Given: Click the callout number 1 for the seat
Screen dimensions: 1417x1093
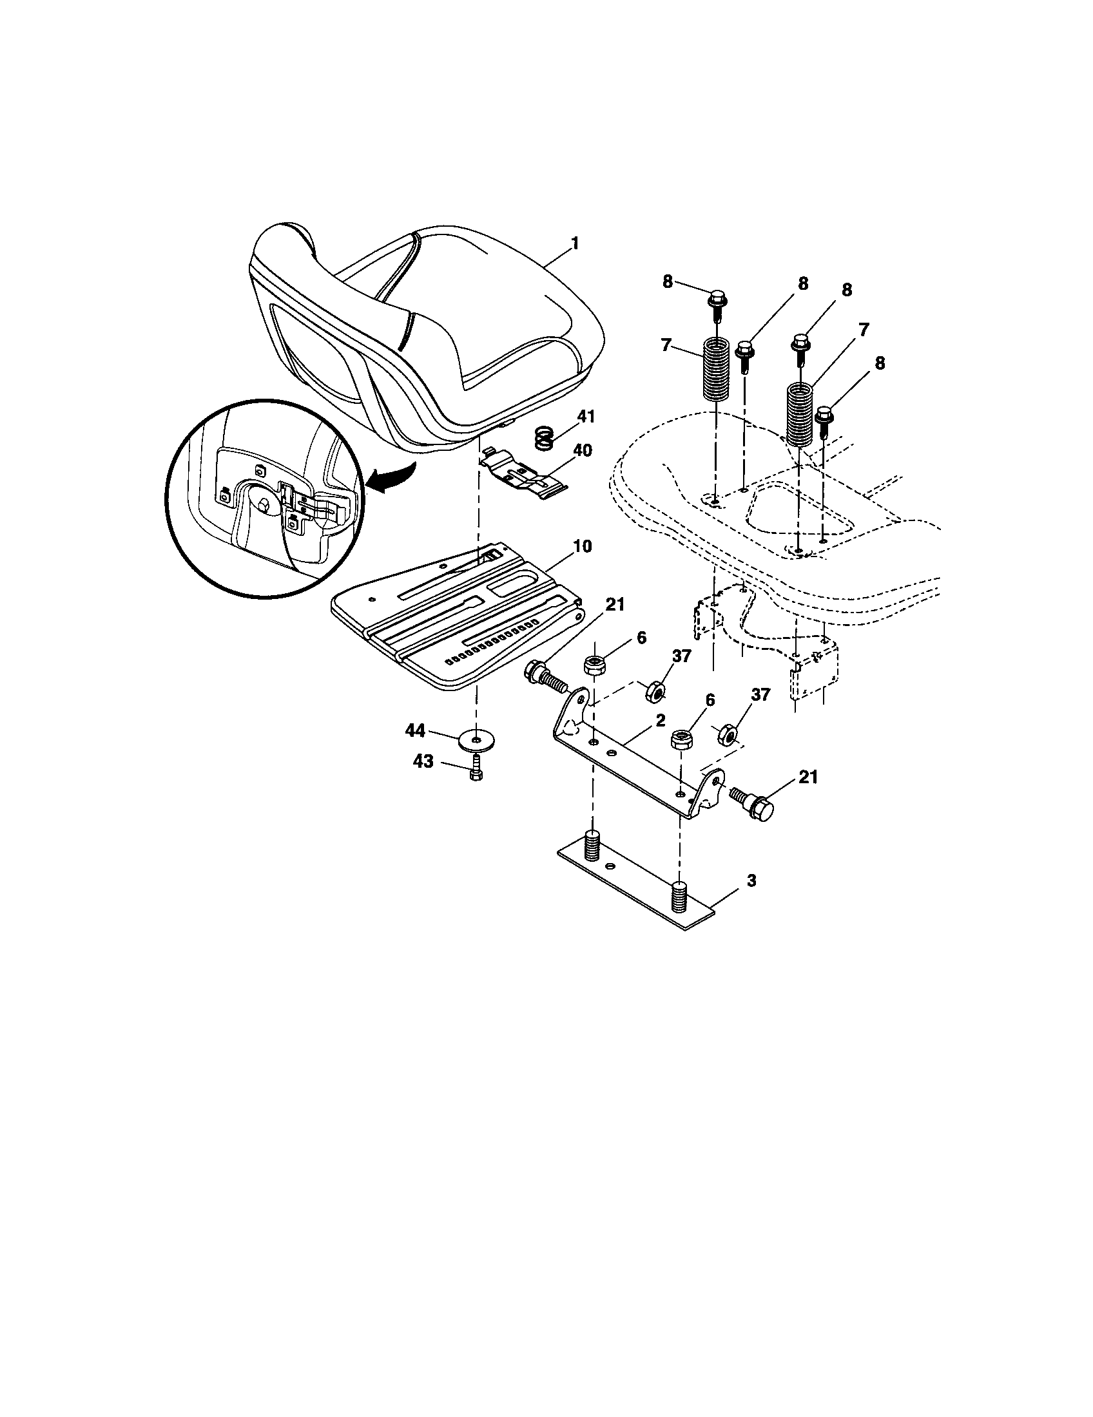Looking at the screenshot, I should click(x=574, y=243).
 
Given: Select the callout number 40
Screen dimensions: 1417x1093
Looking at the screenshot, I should click(x=582, y=450).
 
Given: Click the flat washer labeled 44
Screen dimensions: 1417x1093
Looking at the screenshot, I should click(x=477, y=739).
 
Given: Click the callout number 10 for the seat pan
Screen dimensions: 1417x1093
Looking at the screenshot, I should click(x=582, y=546).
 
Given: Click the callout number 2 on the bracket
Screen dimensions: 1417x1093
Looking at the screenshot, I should click(x=660, y=721).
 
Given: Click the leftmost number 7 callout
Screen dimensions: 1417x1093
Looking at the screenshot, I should click(x=665, y=345).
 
